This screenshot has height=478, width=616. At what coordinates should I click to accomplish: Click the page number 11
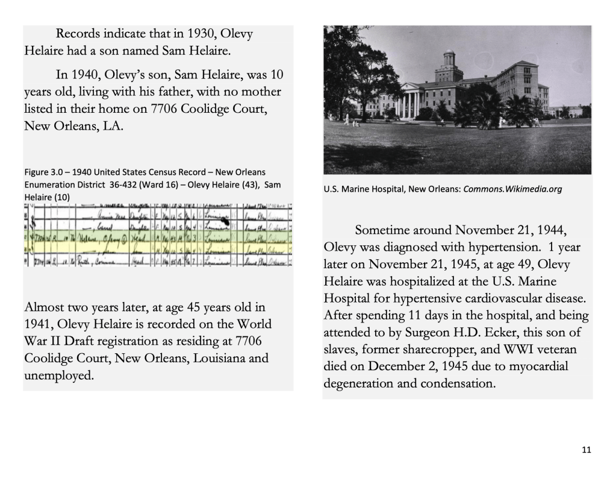point(586,450)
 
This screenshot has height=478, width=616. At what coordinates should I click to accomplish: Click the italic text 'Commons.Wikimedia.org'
point(513,189)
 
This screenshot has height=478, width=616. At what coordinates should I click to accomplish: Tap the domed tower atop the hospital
point(448,63)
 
